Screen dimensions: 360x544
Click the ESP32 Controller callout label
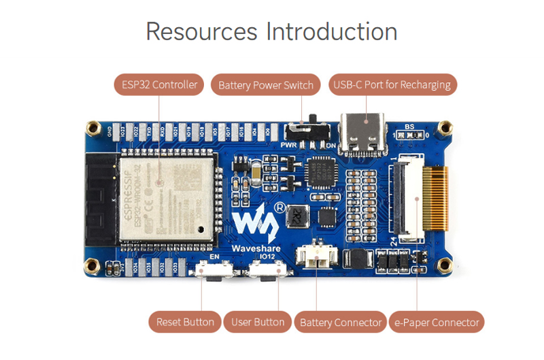tap(159, 85)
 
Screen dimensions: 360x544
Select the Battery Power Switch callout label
tap(266, 85)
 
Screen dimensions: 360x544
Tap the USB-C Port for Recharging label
tap(392, 85)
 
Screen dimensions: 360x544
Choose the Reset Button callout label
tap(185, 322)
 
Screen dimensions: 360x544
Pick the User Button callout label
tap(258, 322)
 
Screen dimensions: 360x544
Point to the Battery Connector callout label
tap(340, 322)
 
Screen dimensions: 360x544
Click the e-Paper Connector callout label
tap(437, 322)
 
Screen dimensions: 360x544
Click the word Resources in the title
tap(201, 32)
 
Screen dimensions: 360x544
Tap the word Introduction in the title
tap(332, 32)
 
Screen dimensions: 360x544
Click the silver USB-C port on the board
tap(368, 131)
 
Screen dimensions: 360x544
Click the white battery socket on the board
tap(314, 259)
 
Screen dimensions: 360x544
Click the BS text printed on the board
tap(409, 127)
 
